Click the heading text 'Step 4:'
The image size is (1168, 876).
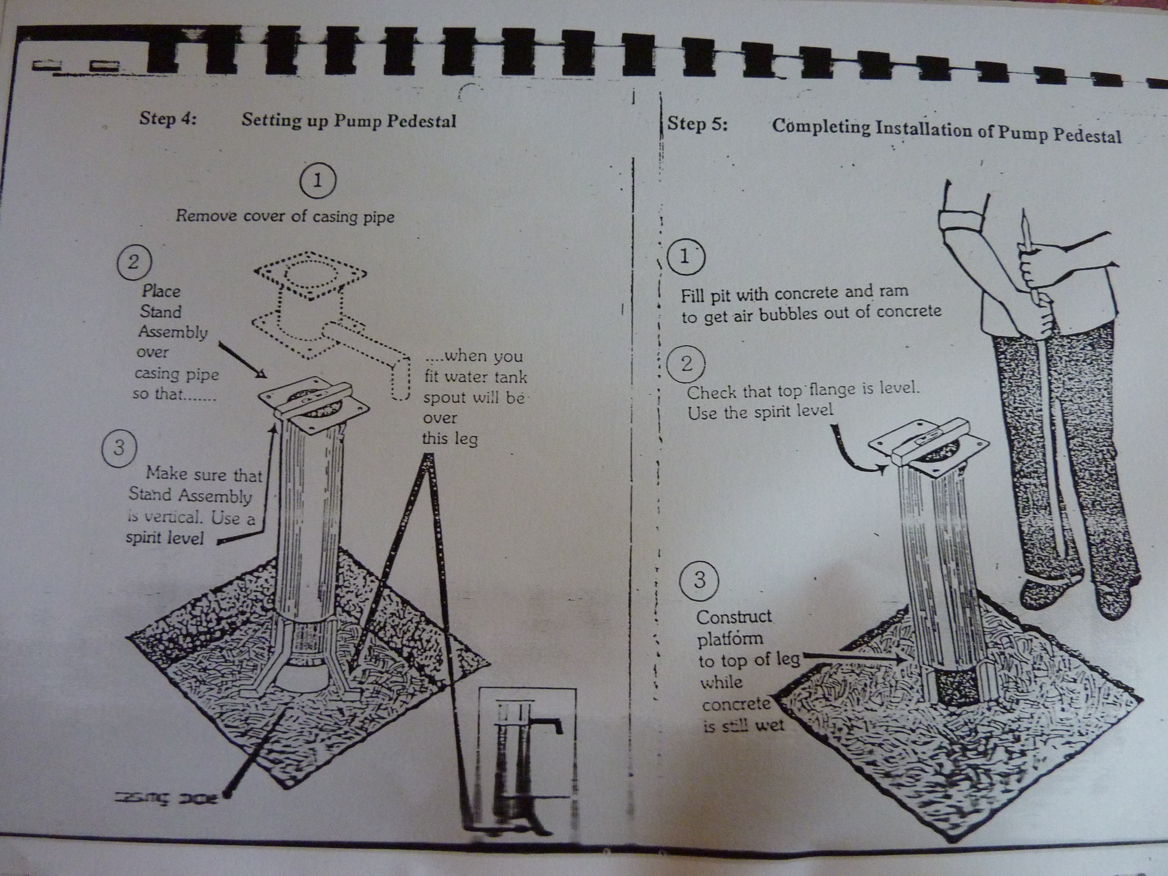[167, 118]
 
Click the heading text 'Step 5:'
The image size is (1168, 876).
[697, 125]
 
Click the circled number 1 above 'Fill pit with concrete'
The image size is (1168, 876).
[685, 257]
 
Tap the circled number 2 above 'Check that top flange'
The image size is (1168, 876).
[686, 363]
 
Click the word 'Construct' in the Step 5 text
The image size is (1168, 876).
[734, 617]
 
